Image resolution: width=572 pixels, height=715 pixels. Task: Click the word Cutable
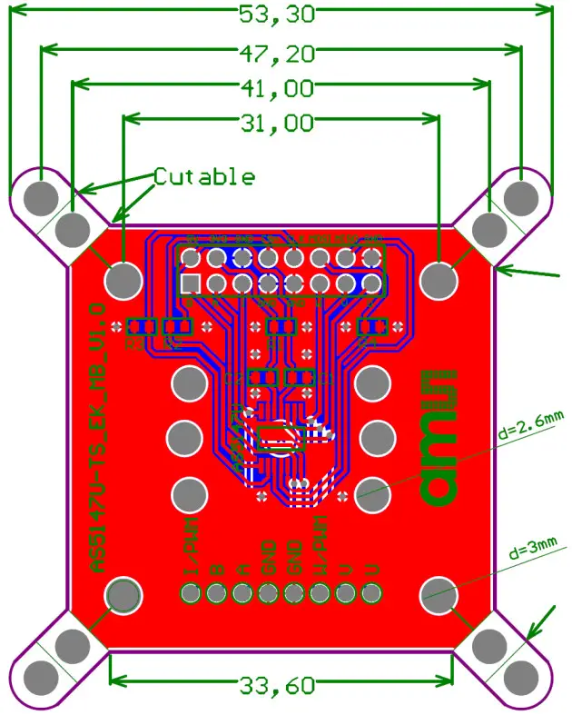(203, 176)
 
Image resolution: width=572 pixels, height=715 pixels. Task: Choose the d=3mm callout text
(532, 550)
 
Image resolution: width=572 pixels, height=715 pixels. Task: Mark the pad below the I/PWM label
(190, 595)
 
